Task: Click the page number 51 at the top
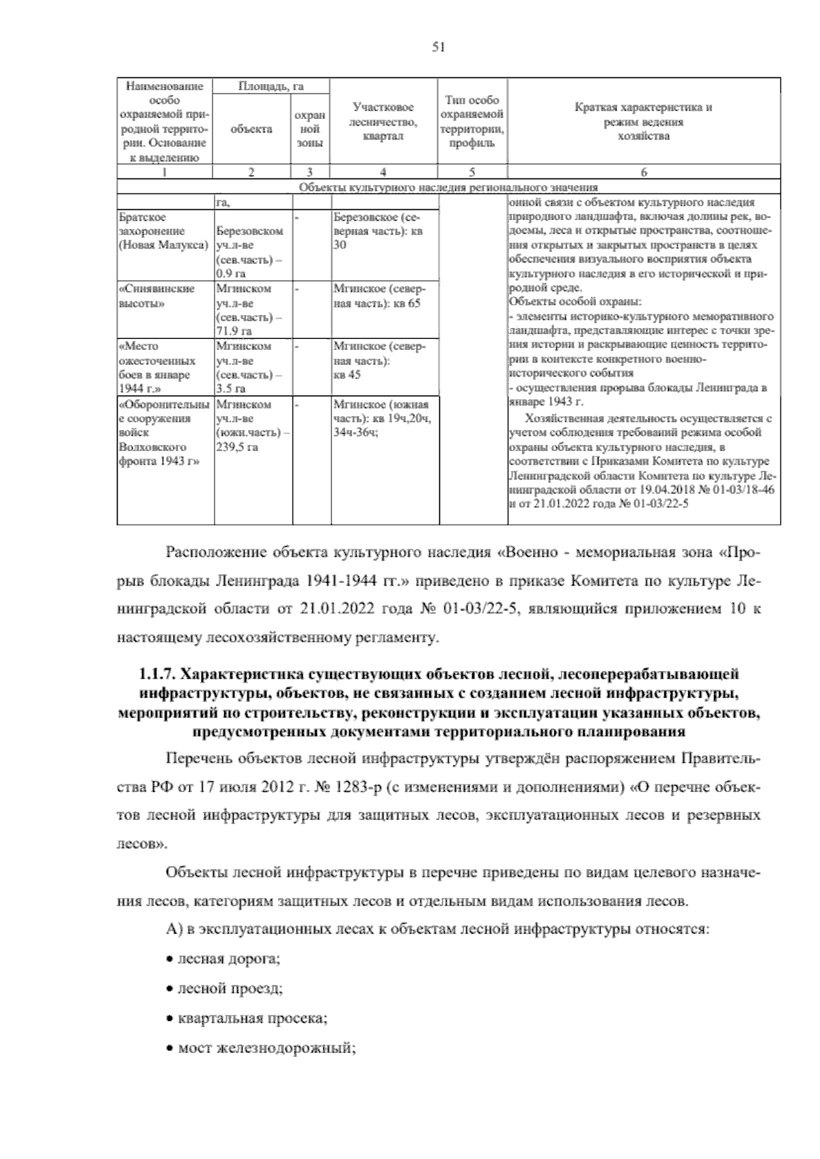pos(439,46)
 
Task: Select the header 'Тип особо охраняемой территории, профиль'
pos(473,122)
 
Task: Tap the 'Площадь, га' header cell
pos(271,86)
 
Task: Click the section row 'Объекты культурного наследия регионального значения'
pos(448,187)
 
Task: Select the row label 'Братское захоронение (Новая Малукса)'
pos(163,231)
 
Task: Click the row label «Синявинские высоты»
pos(156,295)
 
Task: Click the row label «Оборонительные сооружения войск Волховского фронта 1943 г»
pos(163,433)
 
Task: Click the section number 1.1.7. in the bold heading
pos(156,675)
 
